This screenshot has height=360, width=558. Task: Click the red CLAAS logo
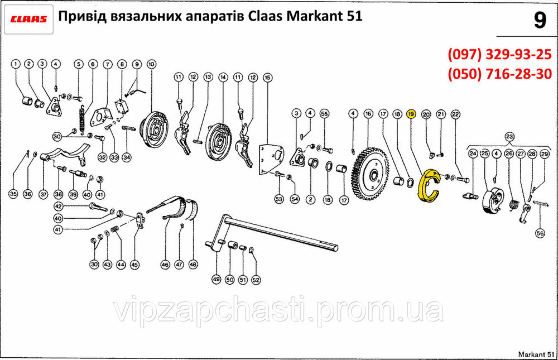[x=28, y=19]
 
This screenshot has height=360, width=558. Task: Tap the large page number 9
[x=540, y=20]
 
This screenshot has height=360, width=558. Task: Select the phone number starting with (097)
[x=499, y=55]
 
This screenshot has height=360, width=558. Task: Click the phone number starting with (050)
[x=499, y=74]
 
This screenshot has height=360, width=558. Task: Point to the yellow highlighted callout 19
[x=411, y=114]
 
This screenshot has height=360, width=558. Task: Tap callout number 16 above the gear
[x=368, y=114]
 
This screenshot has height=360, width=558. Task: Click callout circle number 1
[x=15, y=64]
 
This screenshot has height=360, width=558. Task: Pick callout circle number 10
[x=152, y=64]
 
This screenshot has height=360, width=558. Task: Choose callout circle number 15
[x=267, y=77]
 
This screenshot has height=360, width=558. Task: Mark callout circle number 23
[x=509, y=137]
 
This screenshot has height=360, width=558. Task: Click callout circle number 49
[x=217, y=279]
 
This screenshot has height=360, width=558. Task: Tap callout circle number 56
[x=540, y=233]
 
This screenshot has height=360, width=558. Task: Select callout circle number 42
[x=58, y=206]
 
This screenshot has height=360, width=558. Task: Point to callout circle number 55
[x=324, y=114]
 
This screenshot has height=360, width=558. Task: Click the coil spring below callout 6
[x=83, y=120]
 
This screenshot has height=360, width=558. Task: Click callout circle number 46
[x=165, y=265]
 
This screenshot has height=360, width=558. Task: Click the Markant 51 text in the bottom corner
[x=536, y=354]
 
